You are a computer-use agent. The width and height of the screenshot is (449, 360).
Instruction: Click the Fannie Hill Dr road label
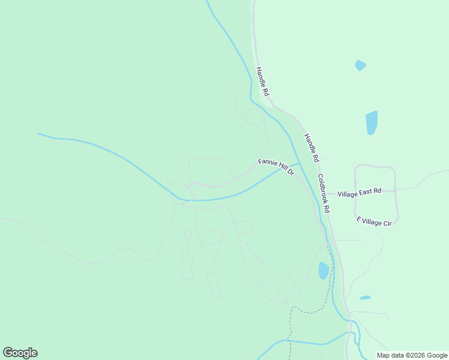click(x=276, y=166)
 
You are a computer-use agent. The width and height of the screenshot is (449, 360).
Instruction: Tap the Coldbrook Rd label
click(x=324, y=194)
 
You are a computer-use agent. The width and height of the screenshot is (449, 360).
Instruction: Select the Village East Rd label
click(x=359, y=193)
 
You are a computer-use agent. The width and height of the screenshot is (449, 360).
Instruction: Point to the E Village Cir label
click(x=373, y=221)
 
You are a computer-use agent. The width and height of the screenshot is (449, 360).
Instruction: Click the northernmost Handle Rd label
click(x=262, y=82)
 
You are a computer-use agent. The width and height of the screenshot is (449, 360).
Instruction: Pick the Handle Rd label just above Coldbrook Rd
click(x=310, y=148)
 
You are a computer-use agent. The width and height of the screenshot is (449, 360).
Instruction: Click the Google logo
click(x=20, y=353)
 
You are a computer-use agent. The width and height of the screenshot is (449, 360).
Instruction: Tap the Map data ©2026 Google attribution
click(x=412, y=355)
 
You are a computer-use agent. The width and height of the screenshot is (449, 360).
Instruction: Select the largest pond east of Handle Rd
click(x=372, y=122)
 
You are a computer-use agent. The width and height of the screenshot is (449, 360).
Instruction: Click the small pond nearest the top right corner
click(x=360, y=65)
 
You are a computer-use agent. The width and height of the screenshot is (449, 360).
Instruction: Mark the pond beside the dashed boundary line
click(x=324, y=271)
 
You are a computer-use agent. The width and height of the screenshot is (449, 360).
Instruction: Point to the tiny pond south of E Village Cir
click(x=365, y=298)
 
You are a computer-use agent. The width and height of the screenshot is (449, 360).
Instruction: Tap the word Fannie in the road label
click(x=267, y=163)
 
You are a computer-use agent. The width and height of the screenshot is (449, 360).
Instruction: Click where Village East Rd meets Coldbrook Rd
click(x=329, y=193)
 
